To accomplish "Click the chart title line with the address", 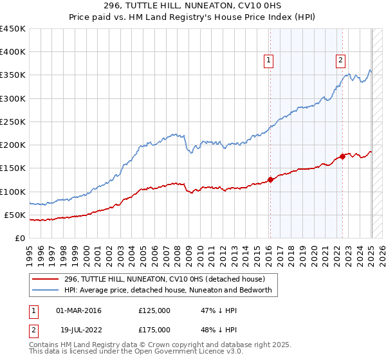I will pos(193,6).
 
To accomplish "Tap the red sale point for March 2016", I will pos(270,180).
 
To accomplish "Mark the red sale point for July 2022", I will pos(343,157).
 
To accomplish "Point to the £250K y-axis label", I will pos(13,122).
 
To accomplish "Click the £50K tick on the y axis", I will pos(15,215).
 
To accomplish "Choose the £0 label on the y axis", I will pos(21,238).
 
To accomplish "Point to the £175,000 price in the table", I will pos(154,330).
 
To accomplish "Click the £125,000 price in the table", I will pos(154,310).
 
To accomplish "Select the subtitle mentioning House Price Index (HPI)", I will pos(193,17).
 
